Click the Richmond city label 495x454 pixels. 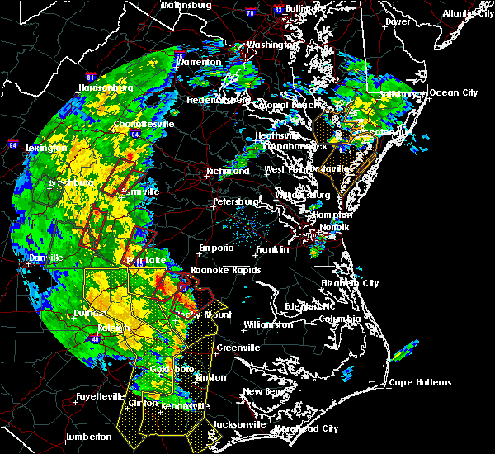click(230, 172)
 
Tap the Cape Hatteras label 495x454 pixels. click(421, 382)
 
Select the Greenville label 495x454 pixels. click(238, 348)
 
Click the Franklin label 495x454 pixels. click(271, 249)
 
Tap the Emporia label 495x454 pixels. click(215, 248)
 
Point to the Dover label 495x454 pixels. click(398, 21)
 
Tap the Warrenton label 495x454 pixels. click(198, 62)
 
